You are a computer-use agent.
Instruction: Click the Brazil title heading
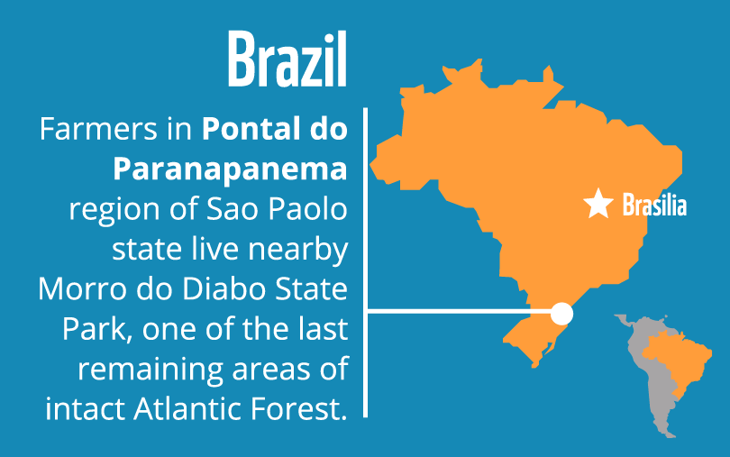pos(287,59)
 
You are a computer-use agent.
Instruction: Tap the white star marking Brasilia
pos(598,204)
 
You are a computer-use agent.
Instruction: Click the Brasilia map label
pos(654,205)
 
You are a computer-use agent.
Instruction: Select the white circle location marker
pos(561,314)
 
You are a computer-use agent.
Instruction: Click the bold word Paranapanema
pos(230,169)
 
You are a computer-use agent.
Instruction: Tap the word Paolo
pos(307,209)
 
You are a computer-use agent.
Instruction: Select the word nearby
pos(298,250)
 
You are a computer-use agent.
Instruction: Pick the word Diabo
pos(224,288)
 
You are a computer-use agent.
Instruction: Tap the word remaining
pos(151,370)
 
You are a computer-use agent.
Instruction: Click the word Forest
pos(299,409)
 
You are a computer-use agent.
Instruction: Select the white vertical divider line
pos(366,262)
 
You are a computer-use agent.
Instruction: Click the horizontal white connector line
pos(459,310)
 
